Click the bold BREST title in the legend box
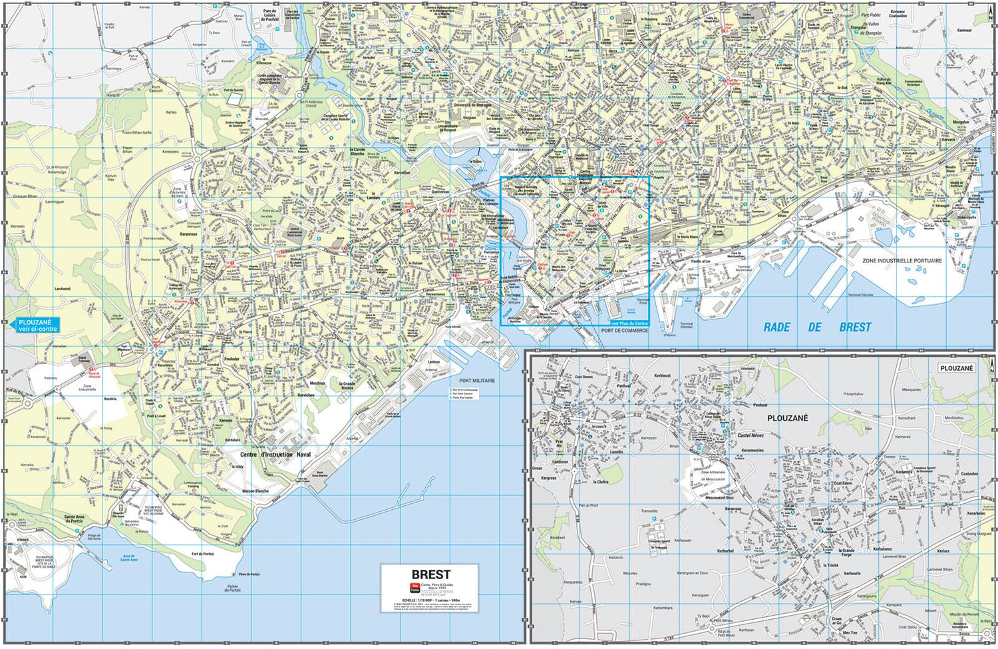[430, 574]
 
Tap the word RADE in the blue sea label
[776, 327]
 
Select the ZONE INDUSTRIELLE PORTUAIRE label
[902, 260]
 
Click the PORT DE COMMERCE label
[624, 331]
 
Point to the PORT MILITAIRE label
[477, 381]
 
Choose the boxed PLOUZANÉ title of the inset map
[956, 368]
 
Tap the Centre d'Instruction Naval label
[275, 455]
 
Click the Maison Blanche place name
[255, 491]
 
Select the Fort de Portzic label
[203, 554]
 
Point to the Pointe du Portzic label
[232, 588]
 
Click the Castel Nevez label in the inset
[750, 435]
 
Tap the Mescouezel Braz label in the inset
[719, 497]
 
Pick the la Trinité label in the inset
[830, 565]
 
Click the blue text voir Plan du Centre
[629, 324]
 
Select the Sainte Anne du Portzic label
[75, 519]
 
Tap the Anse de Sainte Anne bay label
[129, 558]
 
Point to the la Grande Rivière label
[347, 385]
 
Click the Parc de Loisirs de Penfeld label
[269, 15]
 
